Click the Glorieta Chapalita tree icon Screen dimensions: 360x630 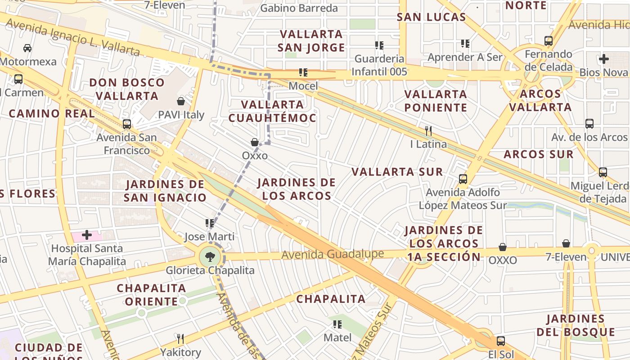(210, 257)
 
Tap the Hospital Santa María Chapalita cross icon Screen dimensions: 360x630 (87, 235)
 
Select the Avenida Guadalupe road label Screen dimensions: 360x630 (333, 254)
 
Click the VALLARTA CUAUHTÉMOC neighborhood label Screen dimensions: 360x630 (272, 111)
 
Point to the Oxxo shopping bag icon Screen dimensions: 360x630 (255, 142)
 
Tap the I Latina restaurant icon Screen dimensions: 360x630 (428, 131)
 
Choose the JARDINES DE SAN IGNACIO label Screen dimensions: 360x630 (165, 190)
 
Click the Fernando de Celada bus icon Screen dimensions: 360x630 (549, 41)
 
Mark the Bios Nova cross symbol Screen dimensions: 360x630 (604, 59)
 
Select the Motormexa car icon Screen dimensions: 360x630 (27, 48)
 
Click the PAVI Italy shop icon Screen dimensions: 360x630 (181, 101)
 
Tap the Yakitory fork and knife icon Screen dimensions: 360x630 (180, 338)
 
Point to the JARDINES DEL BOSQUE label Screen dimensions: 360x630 (576, 325)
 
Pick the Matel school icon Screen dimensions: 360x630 (337, 324)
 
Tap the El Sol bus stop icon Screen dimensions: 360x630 (501, 341)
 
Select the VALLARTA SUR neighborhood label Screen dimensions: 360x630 (397, 172)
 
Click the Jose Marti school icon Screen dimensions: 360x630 (210, 223)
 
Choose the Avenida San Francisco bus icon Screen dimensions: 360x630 (127, 124)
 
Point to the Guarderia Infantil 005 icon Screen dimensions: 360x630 (379, 45)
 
